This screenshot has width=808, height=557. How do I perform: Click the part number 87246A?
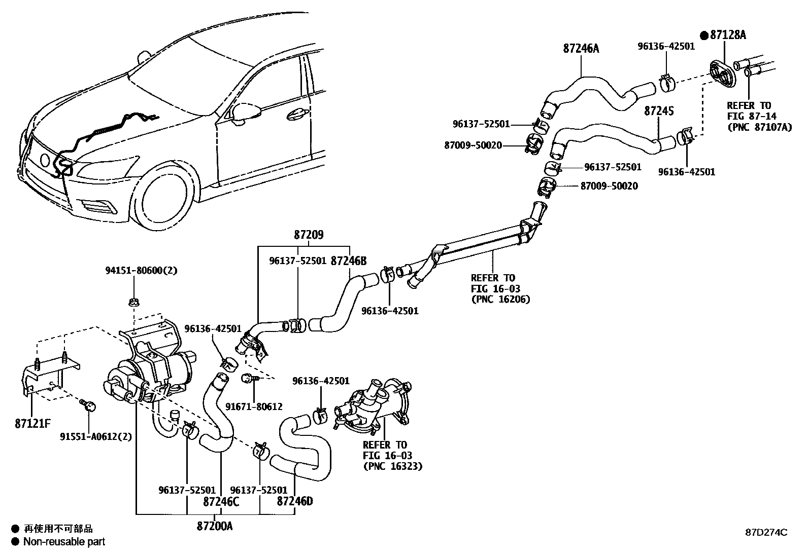point(581,48)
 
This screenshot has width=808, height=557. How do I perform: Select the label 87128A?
point(728,35)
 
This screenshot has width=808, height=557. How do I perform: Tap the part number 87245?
point(659,111)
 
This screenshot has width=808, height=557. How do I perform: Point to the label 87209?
point(309,235)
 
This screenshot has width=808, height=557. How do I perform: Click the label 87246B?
point(349,261)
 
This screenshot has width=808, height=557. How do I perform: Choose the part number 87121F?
point(33,424)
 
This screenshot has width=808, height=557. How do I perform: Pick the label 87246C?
point(221,502)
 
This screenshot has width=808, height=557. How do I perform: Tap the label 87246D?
point(295,501)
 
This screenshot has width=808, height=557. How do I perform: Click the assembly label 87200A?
point(215,527)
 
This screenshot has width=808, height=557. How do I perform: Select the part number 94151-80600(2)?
point(142,270)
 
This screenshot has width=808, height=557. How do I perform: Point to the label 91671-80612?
point(254,406)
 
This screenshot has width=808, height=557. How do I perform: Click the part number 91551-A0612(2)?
point(96,437)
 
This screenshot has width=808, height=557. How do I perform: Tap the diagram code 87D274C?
point(766,532)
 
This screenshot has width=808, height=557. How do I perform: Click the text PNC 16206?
point(501,300)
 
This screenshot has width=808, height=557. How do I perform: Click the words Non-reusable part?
point(64,541)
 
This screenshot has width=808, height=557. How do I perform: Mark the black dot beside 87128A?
point(704,35)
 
